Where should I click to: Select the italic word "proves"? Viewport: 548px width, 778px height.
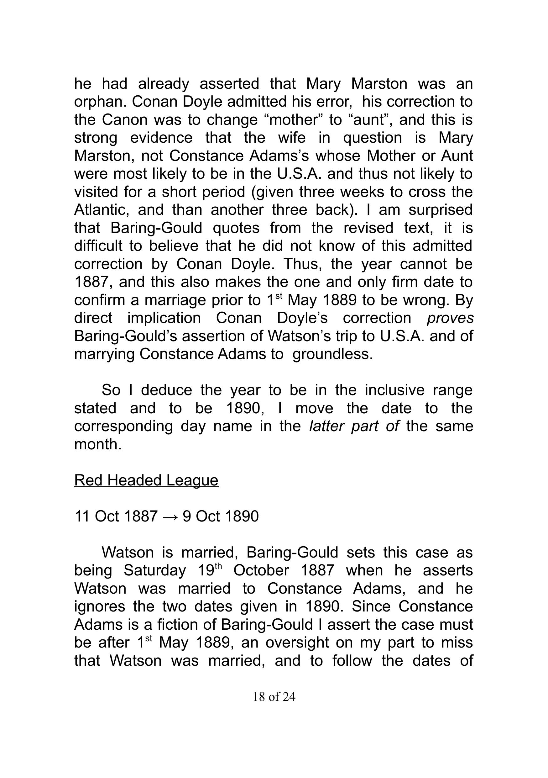click(x=450, y=318)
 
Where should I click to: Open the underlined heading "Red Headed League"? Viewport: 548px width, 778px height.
click(x=146, y=480)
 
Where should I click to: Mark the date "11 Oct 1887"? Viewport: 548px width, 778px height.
click(x=116, y=516)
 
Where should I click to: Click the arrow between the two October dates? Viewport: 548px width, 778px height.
click(x=170, y=516)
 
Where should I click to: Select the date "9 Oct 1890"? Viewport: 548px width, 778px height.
click(x=220, y=516)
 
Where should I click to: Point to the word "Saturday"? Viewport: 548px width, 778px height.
click(x=155, y=570)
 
